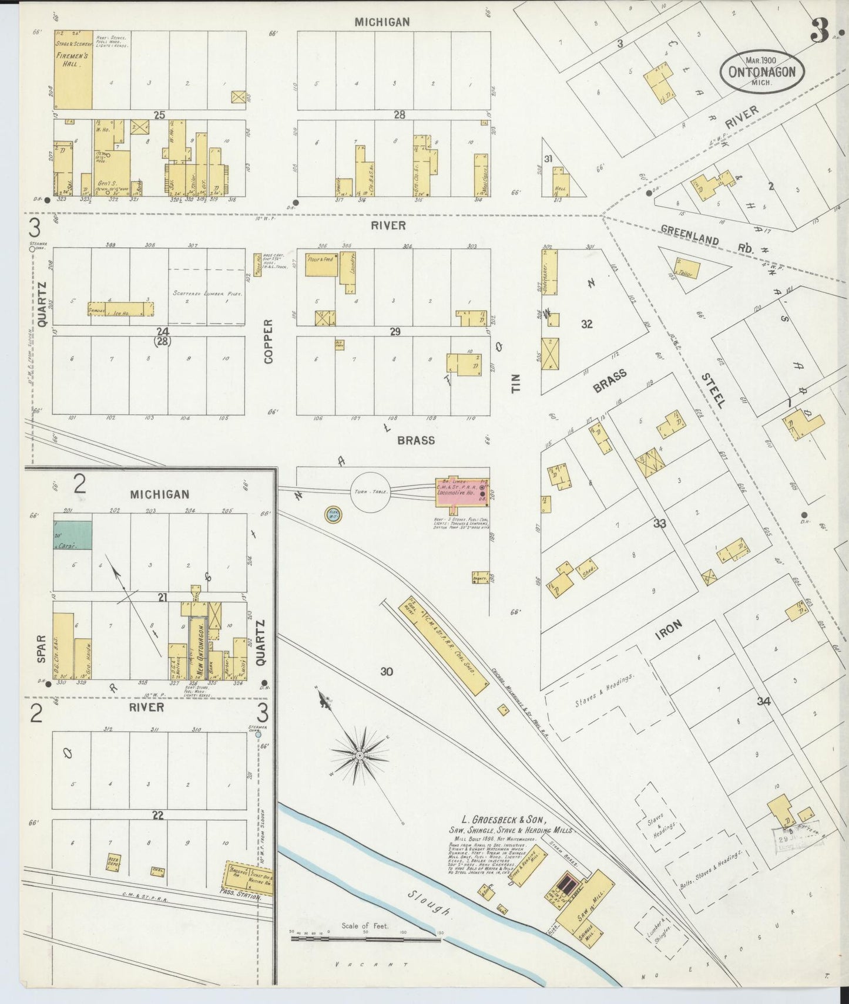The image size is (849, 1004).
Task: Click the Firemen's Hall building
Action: point(73,70)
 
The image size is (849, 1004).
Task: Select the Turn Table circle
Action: point(371,491)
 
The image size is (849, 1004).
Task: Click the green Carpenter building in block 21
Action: point(73,535)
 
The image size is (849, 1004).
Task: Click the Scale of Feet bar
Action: point(365,939)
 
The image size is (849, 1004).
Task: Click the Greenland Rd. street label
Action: point(705,240)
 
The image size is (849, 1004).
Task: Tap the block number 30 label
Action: point(386,671)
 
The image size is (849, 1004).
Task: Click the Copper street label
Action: point(269,341)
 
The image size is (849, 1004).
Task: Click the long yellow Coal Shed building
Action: point(445,645)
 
